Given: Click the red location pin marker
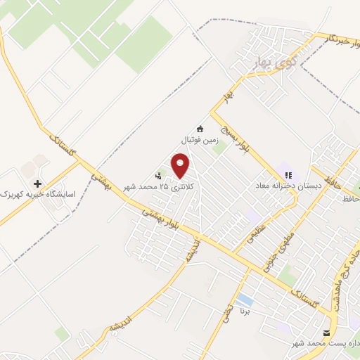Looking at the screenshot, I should (181, 166).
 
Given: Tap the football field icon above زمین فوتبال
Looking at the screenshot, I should (200, 129).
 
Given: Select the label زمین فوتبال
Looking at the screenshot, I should (201, 140).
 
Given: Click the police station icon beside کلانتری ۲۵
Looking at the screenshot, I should (158, 176).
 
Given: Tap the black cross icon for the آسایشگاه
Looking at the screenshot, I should (38, 183).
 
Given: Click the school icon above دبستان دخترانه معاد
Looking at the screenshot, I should (287, 175).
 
